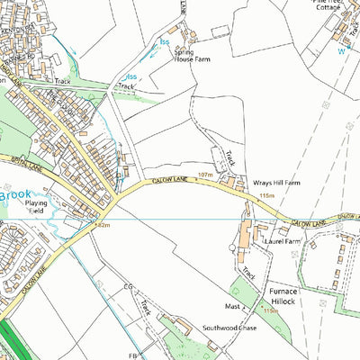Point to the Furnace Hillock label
[288, 298]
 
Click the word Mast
[233, 306]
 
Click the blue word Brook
[16, 193]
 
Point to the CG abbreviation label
[129, 287]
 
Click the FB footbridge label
[130, 355]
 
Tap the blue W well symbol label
[340, 51]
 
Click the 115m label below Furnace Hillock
[271, 311]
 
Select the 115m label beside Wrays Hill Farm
[265, 195]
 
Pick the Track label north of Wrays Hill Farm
[230, 158]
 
